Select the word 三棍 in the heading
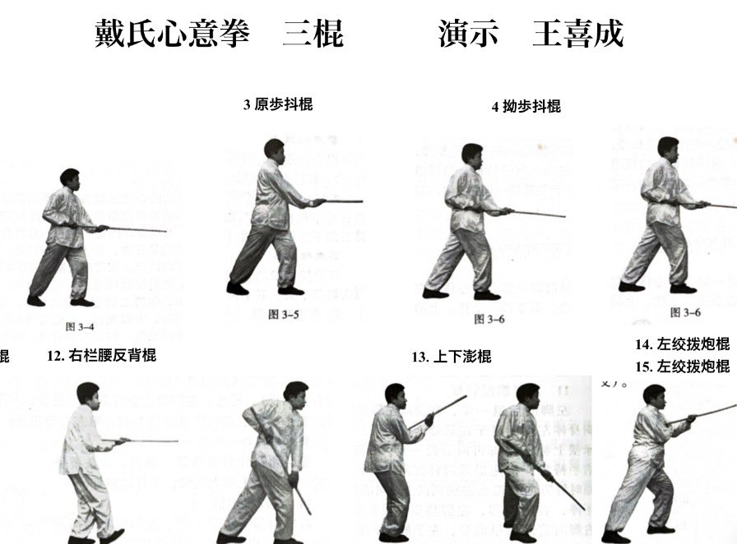(x=313, y=34)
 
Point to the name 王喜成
(x=577, y=34)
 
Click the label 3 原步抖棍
(x=278, y=104)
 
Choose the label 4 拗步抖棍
(x=526, y=106)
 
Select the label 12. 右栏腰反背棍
(x=102, y=356)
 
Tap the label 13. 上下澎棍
(x=452, y=357)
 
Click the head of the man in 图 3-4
(x=70, y=177)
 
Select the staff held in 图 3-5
(x=341, y=201)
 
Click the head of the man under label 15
(x=654, y=394)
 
